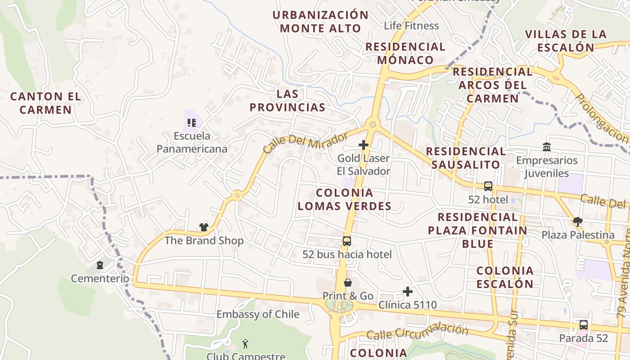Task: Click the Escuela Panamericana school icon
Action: coord(192,122)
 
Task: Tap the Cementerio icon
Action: coord(100,265)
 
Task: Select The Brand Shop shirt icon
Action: coord(204,227)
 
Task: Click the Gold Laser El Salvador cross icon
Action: coord(364,145)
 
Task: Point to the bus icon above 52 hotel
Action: coord(488,186)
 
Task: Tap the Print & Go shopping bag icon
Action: coord(348,283)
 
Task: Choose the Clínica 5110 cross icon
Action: coord(408,292)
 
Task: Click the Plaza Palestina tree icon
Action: coord(578,221)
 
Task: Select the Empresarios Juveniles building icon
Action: coord(547,147)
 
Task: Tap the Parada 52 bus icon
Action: coord(584,324)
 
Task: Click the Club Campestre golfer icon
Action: coord(245,344)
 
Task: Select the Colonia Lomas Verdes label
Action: coord(344,199)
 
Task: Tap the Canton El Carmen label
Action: coord(45,103)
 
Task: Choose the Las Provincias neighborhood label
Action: coord(288,100)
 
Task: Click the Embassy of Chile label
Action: coord(258,314)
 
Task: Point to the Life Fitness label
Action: coord(411,26)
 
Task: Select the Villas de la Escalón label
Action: coord(566,40)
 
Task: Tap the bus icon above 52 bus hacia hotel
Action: coord(347,241)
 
